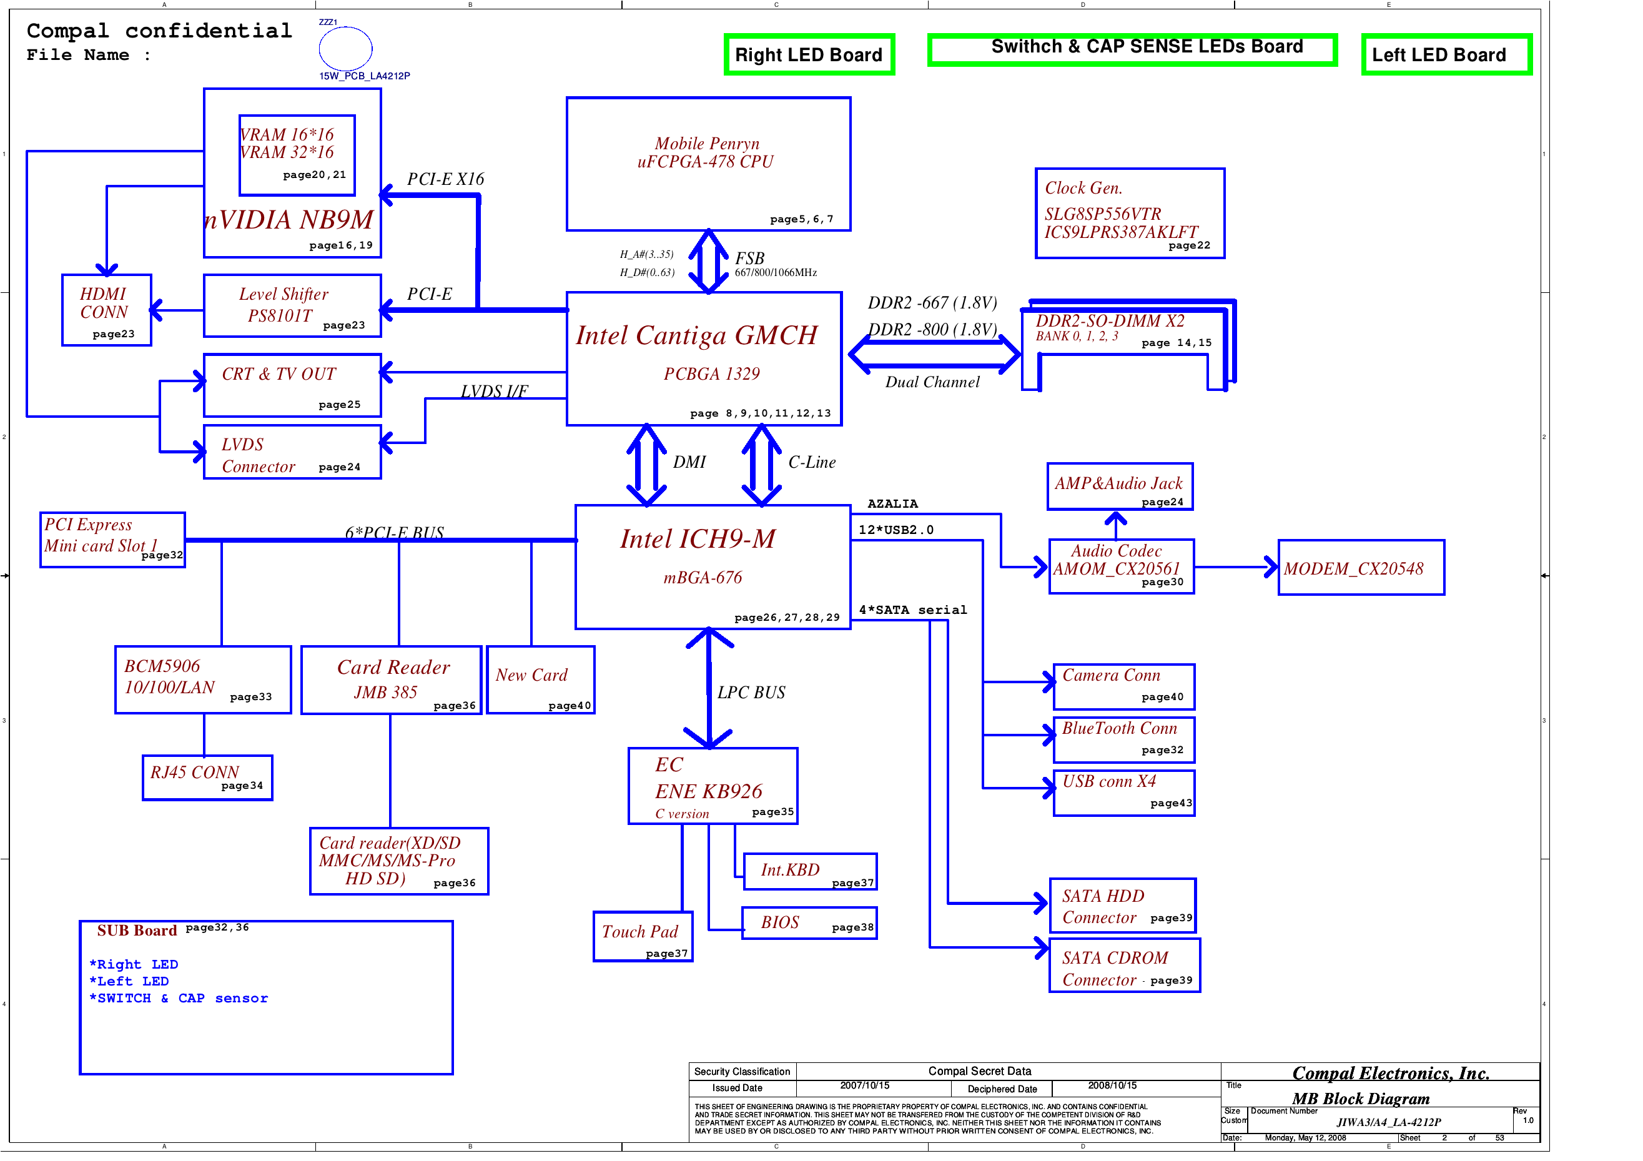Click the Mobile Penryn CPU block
coord(708,164)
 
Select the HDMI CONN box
coord(107,310)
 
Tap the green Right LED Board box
coord(809,54)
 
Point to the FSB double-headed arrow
coord(708,261)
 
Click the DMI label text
coord(689,462)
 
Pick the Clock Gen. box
coord(1129,214)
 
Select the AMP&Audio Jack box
coord(1119,487)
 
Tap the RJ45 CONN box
coord(207,778)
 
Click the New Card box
coord(540,680)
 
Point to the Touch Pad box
coord(643,936)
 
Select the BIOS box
coord(809,922)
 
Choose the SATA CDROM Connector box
coord(1124,966)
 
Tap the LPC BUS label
coord(751,692)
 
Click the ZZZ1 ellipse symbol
coord(345,49)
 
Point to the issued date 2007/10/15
coord(864,1086)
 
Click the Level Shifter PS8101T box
coord(292,305)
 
